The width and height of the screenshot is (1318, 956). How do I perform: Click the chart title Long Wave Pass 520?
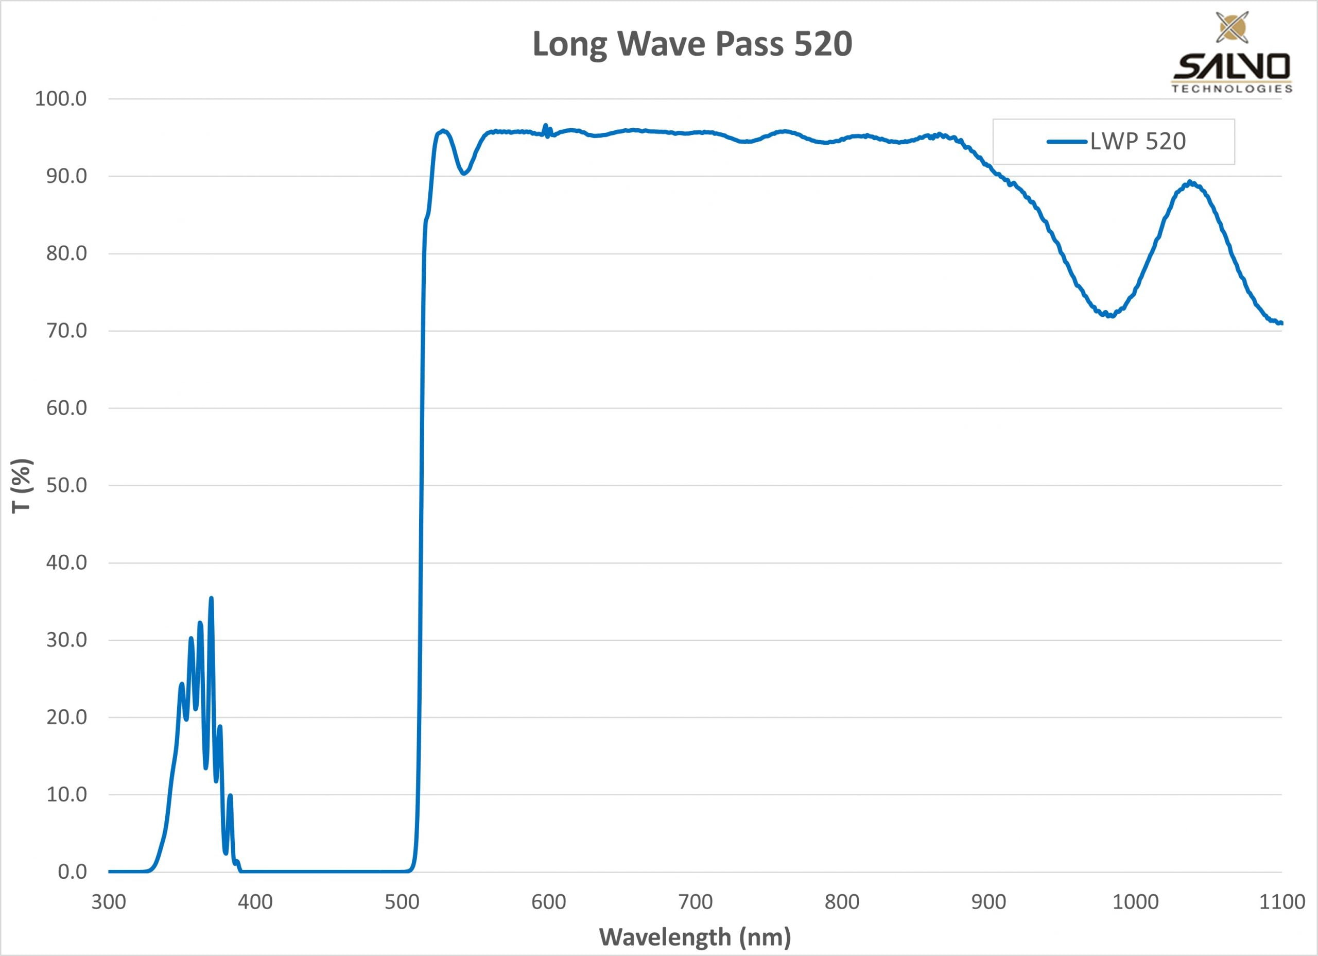(692, 44)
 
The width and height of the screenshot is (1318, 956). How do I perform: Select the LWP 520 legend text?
(1138, 141)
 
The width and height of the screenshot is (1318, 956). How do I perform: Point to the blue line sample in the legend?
(1066, 141)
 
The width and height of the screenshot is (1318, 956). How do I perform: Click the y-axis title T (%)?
(22, 486)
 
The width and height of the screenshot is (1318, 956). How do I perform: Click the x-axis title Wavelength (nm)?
(695, 937)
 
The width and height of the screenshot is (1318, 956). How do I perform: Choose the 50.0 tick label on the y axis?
(66, 485)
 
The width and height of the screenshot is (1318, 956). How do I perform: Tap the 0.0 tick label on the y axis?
(72, 872)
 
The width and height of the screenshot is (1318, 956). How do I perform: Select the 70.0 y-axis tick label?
(66, 331)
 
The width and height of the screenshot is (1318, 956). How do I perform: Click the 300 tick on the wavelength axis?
(109, 902)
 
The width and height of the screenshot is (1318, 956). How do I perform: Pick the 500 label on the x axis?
(402, 902)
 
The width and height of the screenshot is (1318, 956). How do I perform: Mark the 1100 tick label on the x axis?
(1282, 902)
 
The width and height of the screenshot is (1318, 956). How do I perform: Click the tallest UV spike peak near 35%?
(211, 599)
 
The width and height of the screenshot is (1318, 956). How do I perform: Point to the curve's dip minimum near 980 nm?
(1110, 316)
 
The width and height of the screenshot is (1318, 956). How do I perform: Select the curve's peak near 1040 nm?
(1190, 182)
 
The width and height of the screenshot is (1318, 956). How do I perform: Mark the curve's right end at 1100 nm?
(1281, 323)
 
